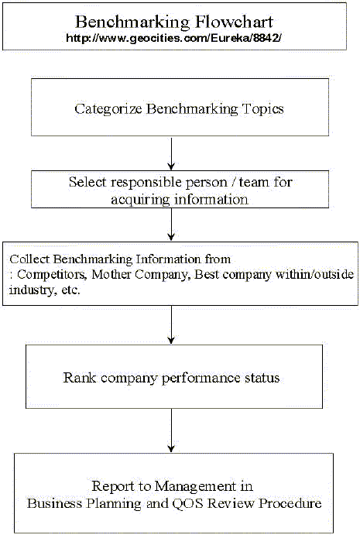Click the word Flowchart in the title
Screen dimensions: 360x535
pos(234,22)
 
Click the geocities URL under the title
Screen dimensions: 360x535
pos(173,38)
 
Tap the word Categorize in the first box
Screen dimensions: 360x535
pos(108,109)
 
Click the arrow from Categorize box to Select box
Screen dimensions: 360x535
pos(171,153)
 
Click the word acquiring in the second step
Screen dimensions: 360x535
pos(141,200)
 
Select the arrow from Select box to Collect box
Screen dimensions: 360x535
pos(171,225)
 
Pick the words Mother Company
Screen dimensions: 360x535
pos(141,274)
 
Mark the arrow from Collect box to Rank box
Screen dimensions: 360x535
pos(171,324)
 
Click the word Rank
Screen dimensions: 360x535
pos(79,378)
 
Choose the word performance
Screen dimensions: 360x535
pos(201,379)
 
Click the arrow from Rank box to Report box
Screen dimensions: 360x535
pos(171,430)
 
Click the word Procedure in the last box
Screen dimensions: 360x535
pos(290,503)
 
